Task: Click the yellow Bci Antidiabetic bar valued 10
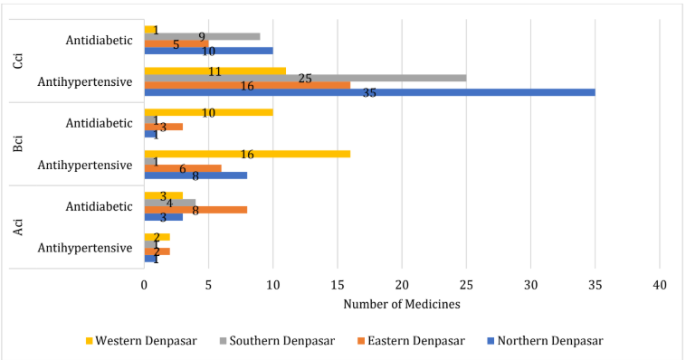point(208,112)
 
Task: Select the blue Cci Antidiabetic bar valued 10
point(208,51)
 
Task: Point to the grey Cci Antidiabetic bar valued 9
point(202,37)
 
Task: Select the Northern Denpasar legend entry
point(548,340)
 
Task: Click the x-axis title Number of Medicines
point(402,304)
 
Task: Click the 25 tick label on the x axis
point(466,285)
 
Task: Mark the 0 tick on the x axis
point(144,285)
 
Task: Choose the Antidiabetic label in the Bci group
point(100,124)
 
